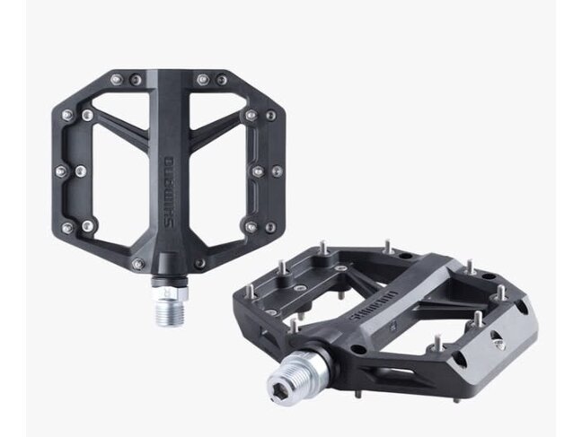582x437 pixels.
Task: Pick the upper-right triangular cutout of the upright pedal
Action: (221, 118)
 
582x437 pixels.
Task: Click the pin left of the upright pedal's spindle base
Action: (138, 263)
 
